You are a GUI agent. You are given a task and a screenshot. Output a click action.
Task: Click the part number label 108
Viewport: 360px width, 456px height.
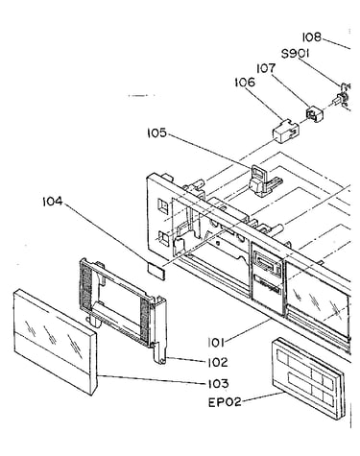click(312, 37)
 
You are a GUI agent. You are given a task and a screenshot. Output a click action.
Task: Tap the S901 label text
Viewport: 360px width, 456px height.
click(296, 54)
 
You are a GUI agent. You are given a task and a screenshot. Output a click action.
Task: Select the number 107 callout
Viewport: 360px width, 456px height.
click(266, 68)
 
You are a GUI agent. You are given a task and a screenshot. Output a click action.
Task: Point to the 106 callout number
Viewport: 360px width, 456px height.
click(245, 82)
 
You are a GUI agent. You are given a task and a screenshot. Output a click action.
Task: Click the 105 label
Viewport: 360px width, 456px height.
click(157, 132)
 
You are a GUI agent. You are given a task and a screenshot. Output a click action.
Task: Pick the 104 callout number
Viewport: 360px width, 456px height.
click(53, 202)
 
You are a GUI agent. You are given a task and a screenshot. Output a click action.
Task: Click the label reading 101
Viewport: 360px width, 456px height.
click(215, 343)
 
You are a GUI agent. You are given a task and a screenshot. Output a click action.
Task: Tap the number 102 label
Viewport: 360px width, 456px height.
click(217, 362)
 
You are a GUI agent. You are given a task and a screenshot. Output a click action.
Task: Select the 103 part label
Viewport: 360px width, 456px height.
click(218, 383)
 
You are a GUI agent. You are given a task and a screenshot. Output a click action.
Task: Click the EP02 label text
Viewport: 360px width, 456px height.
click(225, 402)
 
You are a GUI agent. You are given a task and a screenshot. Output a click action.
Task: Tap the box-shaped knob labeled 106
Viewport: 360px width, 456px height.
click(286, 132)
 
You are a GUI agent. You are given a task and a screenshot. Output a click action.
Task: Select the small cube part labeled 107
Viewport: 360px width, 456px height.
click(315, 114)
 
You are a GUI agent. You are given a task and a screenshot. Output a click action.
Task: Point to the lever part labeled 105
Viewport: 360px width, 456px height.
click(264, 180)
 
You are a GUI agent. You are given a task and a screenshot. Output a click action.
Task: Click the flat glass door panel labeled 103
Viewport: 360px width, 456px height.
click(55, 342)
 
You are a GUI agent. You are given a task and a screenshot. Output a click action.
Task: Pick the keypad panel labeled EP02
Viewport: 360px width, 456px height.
click(307, 377)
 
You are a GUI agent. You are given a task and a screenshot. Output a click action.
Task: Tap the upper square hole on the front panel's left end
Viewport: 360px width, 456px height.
click(163, 206)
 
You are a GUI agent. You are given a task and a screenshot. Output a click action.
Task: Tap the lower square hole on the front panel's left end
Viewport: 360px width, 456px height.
click(164, 238)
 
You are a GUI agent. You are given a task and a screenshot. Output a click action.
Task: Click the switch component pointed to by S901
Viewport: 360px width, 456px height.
click(344, 96)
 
